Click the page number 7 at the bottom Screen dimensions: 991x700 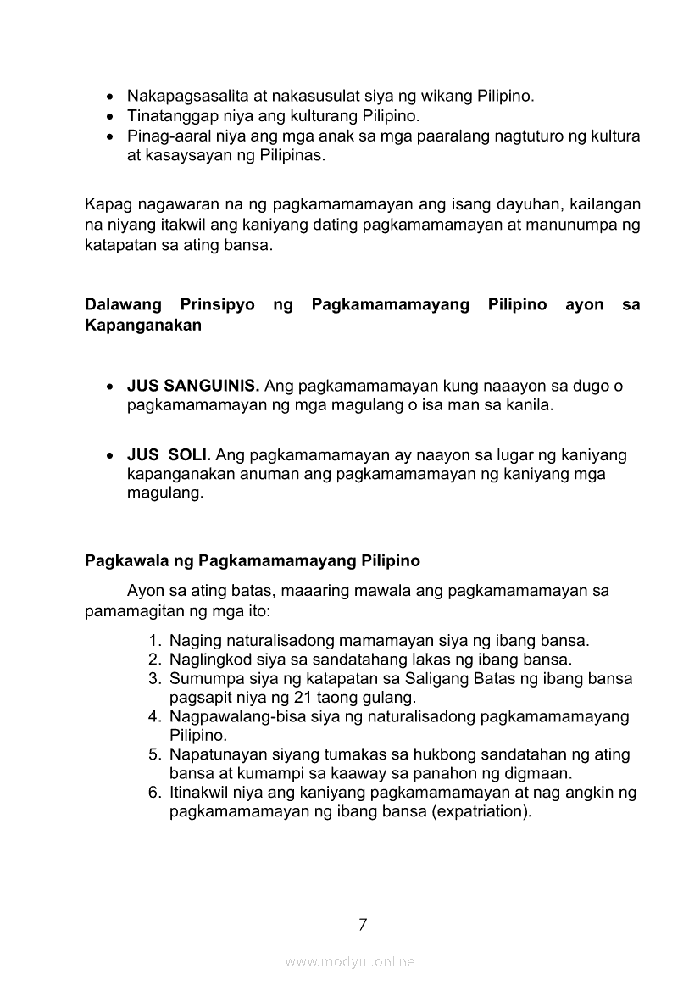[x=363, y=924]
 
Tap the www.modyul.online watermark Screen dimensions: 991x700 [x=350, y=961]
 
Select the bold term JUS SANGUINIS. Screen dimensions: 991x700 [x=193, y=387]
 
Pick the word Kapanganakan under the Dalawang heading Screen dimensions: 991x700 [x=143, y=326]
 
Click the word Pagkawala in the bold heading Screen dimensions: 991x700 [x=120, y=560]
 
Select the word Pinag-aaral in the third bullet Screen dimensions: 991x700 [x=164, y=136]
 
